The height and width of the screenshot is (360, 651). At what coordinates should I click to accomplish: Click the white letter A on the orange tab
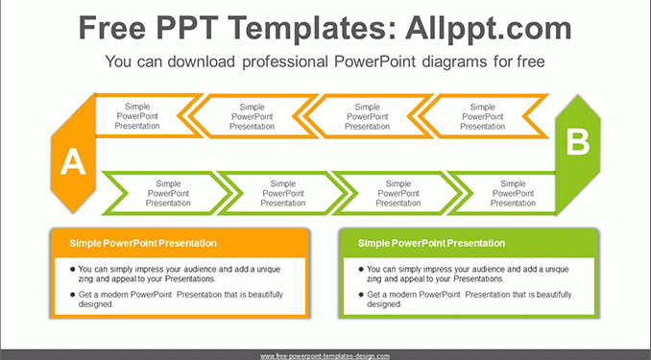pos(73,161)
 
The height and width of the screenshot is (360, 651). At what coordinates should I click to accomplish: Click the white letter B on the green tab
pos(577,142)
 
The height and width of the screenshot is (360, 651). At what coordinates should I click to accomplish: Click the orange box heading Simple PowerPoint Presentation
pos(143,243)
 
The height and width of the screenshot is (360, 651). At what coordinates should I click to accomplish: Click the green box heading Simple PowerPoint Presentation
pos(431,243)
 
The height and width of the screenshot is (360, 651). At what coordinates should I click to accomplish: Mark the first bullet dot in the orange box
pos(73,270)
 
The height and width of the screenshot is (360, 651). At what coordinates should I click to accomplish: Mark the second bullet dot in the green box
pos(361,295)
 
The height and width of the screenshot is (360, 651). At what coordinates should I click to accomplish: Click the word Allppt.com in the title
pos(488,28)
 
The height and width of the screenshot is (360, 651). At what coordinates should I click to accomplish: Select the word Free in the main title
pos(112,28)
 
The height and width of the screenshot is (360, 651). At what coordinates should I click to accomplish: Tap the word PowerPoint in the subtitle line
pos(374,61)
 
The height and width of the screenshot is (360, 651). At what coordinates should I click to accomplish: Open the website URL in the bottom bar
pos(325,356)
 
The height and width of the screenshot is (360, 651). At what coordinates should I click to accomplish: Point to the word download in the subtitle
pos(202,61)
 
